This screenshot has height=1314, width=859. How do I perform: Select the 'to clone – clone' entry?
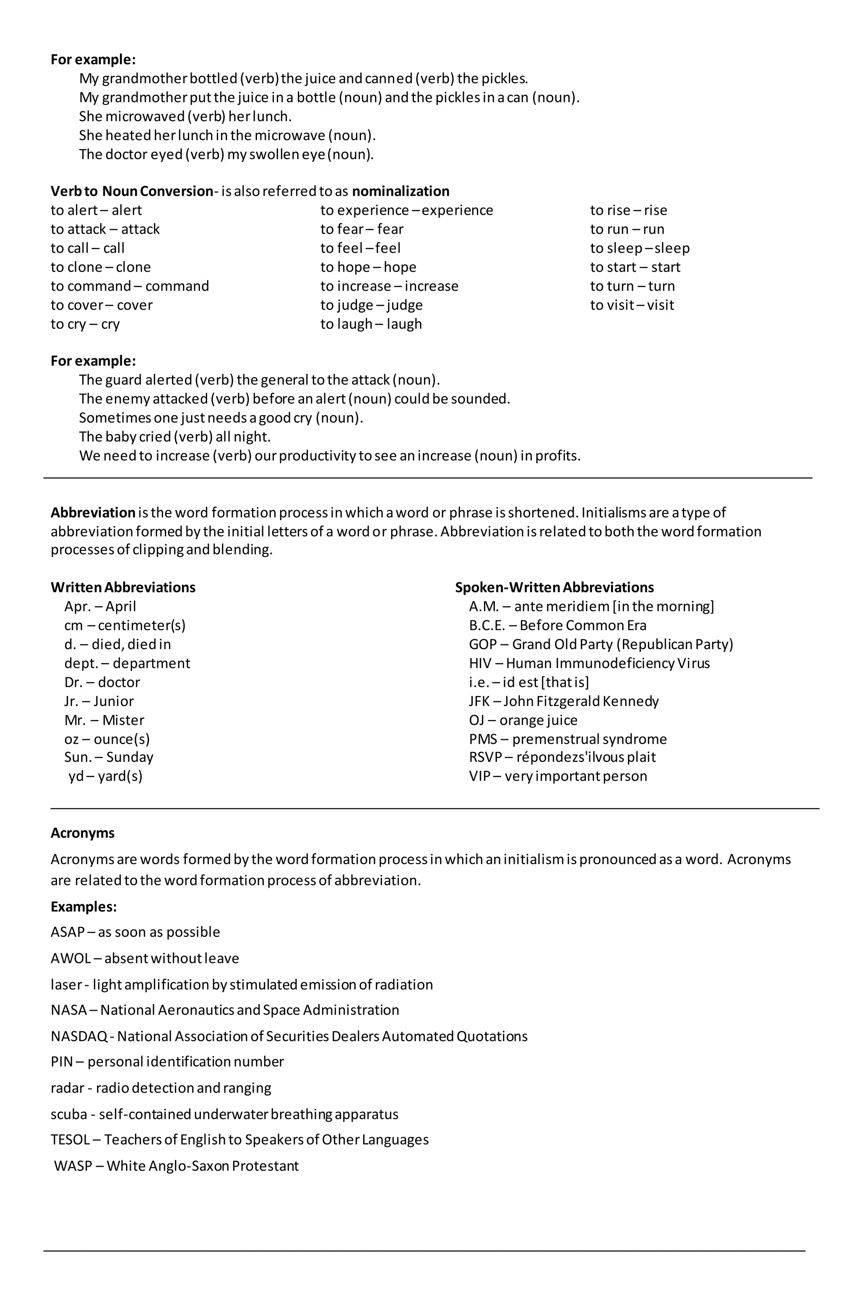pyautogui.click(x=101, y=267)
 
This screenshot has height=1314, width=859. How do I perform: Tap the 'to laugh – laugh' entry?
pyautogui.click(x=370, y=324)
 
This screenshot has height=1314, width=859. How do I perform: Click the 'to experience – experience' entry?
pyautogui.click(x=406, y=210)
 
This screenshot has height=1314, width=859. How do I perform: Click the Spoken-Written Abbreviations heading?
pyautogui.click(x=554, y=587)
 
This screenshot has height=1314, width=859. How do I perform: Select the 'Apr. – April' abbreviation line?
pyautogui.click(x=100, y=606)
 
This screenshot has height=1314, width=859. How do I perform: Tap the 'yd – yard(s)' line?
pyautogui.click(x=105, y=776)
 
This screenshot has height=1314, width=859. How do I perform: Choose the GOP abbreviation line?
pyautogui.click(x=600, y=644)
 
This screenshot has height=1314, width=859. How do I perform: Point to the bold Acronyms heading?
pyautogui.click(x=82, y=833)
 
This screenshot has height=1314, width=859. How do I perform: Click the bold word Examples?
pyautogui.click(x=83, y=907)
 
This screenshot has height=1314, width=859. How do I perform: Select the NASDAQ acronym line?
pyautogui.click(x=289, y=1036)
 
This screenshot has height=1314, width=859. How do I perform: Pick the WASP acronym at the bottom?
pyautogui.click(x=72, y=1166)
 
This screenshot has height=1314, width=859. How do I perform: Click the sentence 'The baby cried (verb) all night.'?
pyautogui.click(x=174, y=437)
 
